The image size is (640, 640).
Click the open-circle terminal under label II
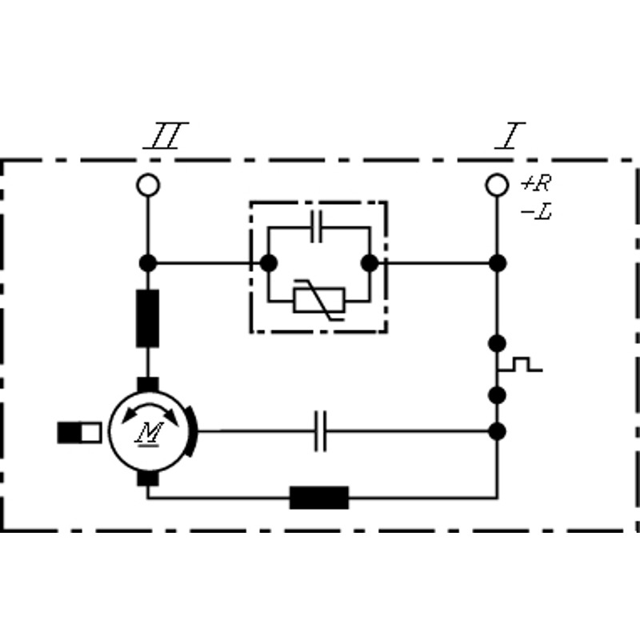(x=148, y=185)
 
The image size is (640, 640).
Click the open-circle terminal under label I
(x=497, y=185)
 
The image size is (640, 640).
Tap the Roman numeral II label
(x=166, y=135)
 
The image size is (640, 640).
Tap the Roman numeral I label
(x=510, y=135)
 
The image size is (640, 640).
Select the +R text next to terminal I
(x=536, y=183)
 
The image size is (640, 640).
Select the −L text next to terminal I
(x=536, y=212)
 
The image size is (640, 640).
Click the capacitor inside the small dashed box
(x=317, y=226)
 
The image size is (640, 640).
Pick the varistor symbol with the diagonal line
(x=319, y=300)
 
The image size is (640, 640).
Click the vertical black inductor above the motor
(x=148, y=318)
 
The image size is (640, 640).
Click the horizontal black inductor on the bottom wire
(x=319, y=498)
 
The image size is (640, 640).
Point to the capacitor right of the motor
(x=321, y=431)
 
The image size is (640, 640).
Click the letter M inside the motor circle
(x=150, y=434)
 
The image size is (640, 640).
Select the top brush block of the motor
(x=148, y=385)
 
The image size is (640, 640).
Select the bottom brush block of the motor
(x=148, y=478)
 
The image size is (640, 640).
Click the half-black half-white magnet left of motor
(x=79, y=433)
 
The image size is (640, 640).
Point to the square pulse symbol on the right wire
(x=521, y=365)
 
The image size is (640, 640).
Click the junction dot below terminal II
(x=148, y=263)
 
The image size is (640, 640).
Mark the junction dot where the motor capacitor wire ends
(x=497, y=431)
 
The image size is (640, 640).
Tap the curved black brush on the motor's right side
(x=192, y=431)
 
